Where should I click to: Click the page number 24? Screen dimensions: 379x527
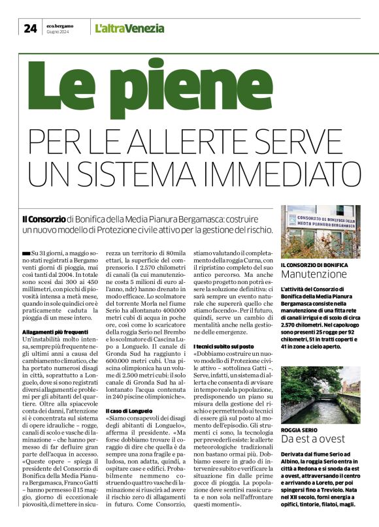[x=30, y=27]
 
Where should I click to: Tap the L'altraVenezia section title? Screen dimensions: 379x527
[x=129, y=28]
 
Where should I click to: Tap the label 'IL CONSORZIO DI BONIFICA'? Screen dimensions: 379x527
[x=316, y=264]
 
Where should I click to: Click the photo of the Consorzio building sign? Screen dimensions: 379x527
[x=320, y=231]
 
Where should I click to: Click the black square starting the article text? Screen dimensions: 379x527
[x=25, y=251]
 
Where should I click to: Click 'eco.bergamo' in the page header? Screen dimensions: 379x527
[x=59, y=25]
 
